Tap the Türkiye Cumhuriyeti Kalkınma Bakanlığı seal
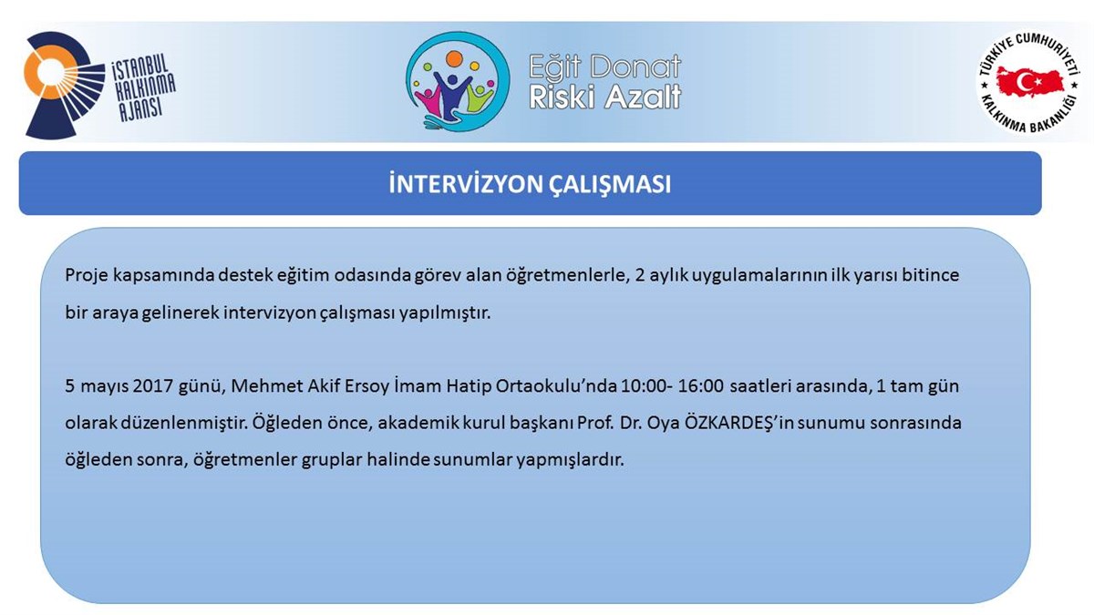point(1027,83)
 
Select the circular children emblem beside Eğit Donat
point(458,81)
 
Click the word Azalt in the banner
point(644,97)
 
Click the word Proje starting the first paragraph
point(86,276)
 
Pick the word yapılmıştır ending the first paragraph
point(445,313)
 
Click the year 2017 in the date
point(153,386)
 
